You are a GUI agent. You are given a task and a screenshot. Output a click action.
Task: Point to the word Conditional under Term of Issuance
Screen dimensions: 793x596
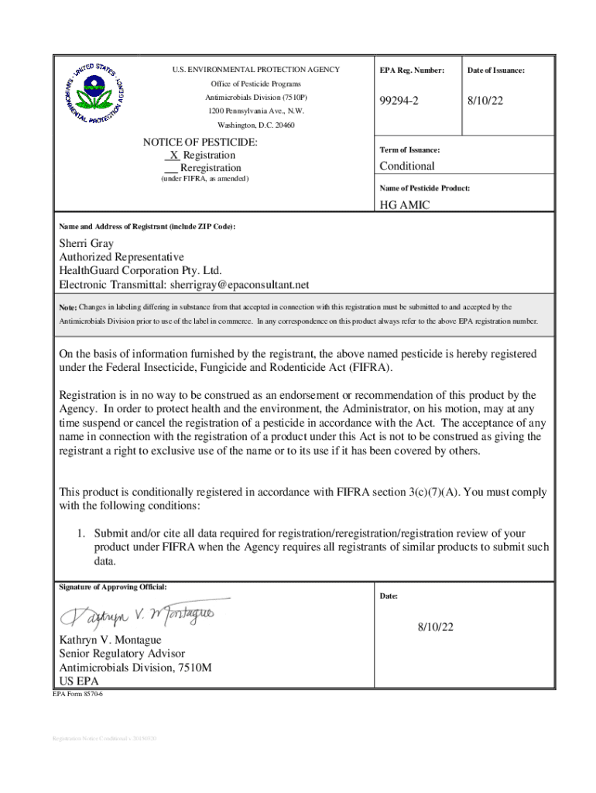(x=406, y=166)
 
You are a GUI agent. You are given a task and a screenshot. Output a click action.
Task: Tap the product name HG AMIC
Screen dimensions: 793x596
(x=404, y=205)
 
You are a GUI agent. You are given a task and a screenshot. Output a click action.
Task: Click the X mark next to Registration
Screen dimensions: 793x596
(x=174, y=156)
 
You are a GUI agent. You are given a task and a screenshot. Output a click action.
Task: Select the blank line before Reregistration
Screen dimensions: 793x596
(x=171, y=169)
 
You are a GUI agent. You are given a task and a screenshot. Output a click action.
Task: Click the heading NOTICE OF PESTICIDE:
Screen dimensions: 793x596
(x=200, y=142)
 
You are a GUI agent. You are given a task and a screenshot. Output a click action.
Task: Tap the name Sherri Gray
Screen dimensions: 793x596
(x=87, y=244)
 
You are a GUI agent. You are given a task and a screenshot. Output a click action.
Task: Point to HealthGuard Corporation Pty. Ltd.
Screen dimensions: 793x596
(x=140, y=271)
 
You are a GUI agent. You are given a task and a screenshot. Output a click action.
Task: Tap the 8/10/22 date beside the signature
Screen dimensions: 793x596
(x=435, y=627)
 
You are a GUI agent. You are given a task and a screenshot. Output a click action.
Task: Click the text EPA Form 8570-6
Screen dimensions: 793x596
(x=77, y=694)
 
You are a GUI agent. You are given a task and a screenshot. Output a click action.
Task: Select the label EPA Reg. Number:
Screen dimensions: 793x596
(x=412, y=70)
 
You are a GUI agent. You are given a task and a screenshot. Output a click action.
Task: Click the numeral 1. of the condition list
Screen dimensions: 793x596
(x=80, y=534)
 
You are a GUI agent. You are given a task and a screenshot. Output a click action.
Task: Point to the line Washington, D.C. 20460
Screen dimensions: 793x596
(x=255, y=125)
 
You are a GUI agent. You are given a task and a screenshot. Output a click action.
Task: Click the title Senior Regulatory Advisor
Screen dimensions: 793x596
(x=122, y=654)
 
